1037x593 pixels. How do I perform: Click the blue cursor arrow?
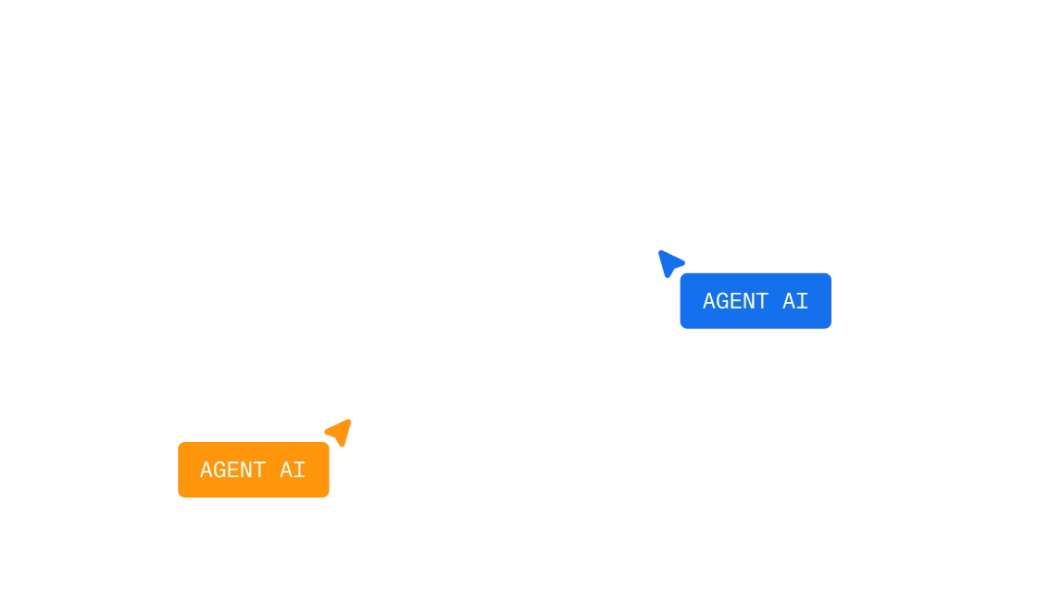[x=669, y=263]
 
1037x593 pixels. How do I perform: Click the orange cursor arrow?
[x=340, y=432]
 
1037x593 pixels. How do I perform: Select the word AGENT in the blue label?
[x=735, y=301]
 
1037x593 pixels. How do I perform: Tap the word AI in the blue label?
[x=795, y=301]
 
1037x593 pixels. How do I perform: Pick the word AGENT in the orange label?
[x=232, y=470]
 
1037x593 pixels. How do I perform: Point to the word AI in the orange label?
[x=293, y=470]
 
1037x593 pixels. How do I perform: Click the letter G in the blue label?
[x=722, y=301]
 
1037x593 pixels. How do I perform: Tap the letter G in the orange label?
[x=219, y=470]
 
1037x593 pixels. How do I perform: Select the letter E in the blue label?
[x=735, y=301]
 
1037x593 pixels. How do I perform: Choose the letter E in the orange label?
[x=232, y=470]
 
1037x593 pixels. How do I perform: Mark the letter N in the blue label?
[x=749, y=301]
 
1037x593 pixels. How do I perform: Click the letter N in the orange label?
[x=246, y=470]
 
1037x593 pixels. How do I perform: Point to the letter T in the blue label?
[x=762, y=301]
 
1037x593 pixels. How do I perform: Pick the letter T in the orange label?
[x=259, y=470]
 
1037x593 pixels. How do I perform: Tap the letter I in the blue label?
[x=802, y=301]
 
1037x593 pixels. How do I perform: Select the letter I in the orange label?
[x=300, y=470]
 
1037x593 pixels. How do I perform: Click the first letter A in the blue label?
[x=709, y=301]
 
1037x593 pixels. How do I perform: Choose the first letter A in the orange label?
[x=206, y=470]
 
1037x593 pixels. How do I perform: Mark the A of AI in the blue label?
[x=789, y=301]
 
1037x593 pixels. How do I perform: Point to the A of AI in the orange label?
[x=286, y=470]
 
